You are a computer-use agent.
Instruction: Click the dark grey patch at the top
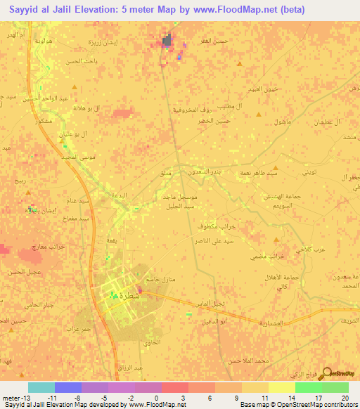[x=167, y=42]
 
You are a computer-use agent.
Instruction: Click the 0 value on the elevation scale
[x=155, y=397]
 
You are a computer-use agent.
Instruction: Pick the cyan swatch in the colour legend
[x=41, y=387]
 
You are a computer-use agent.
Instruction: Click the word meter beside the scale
[x=11, y=397]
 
